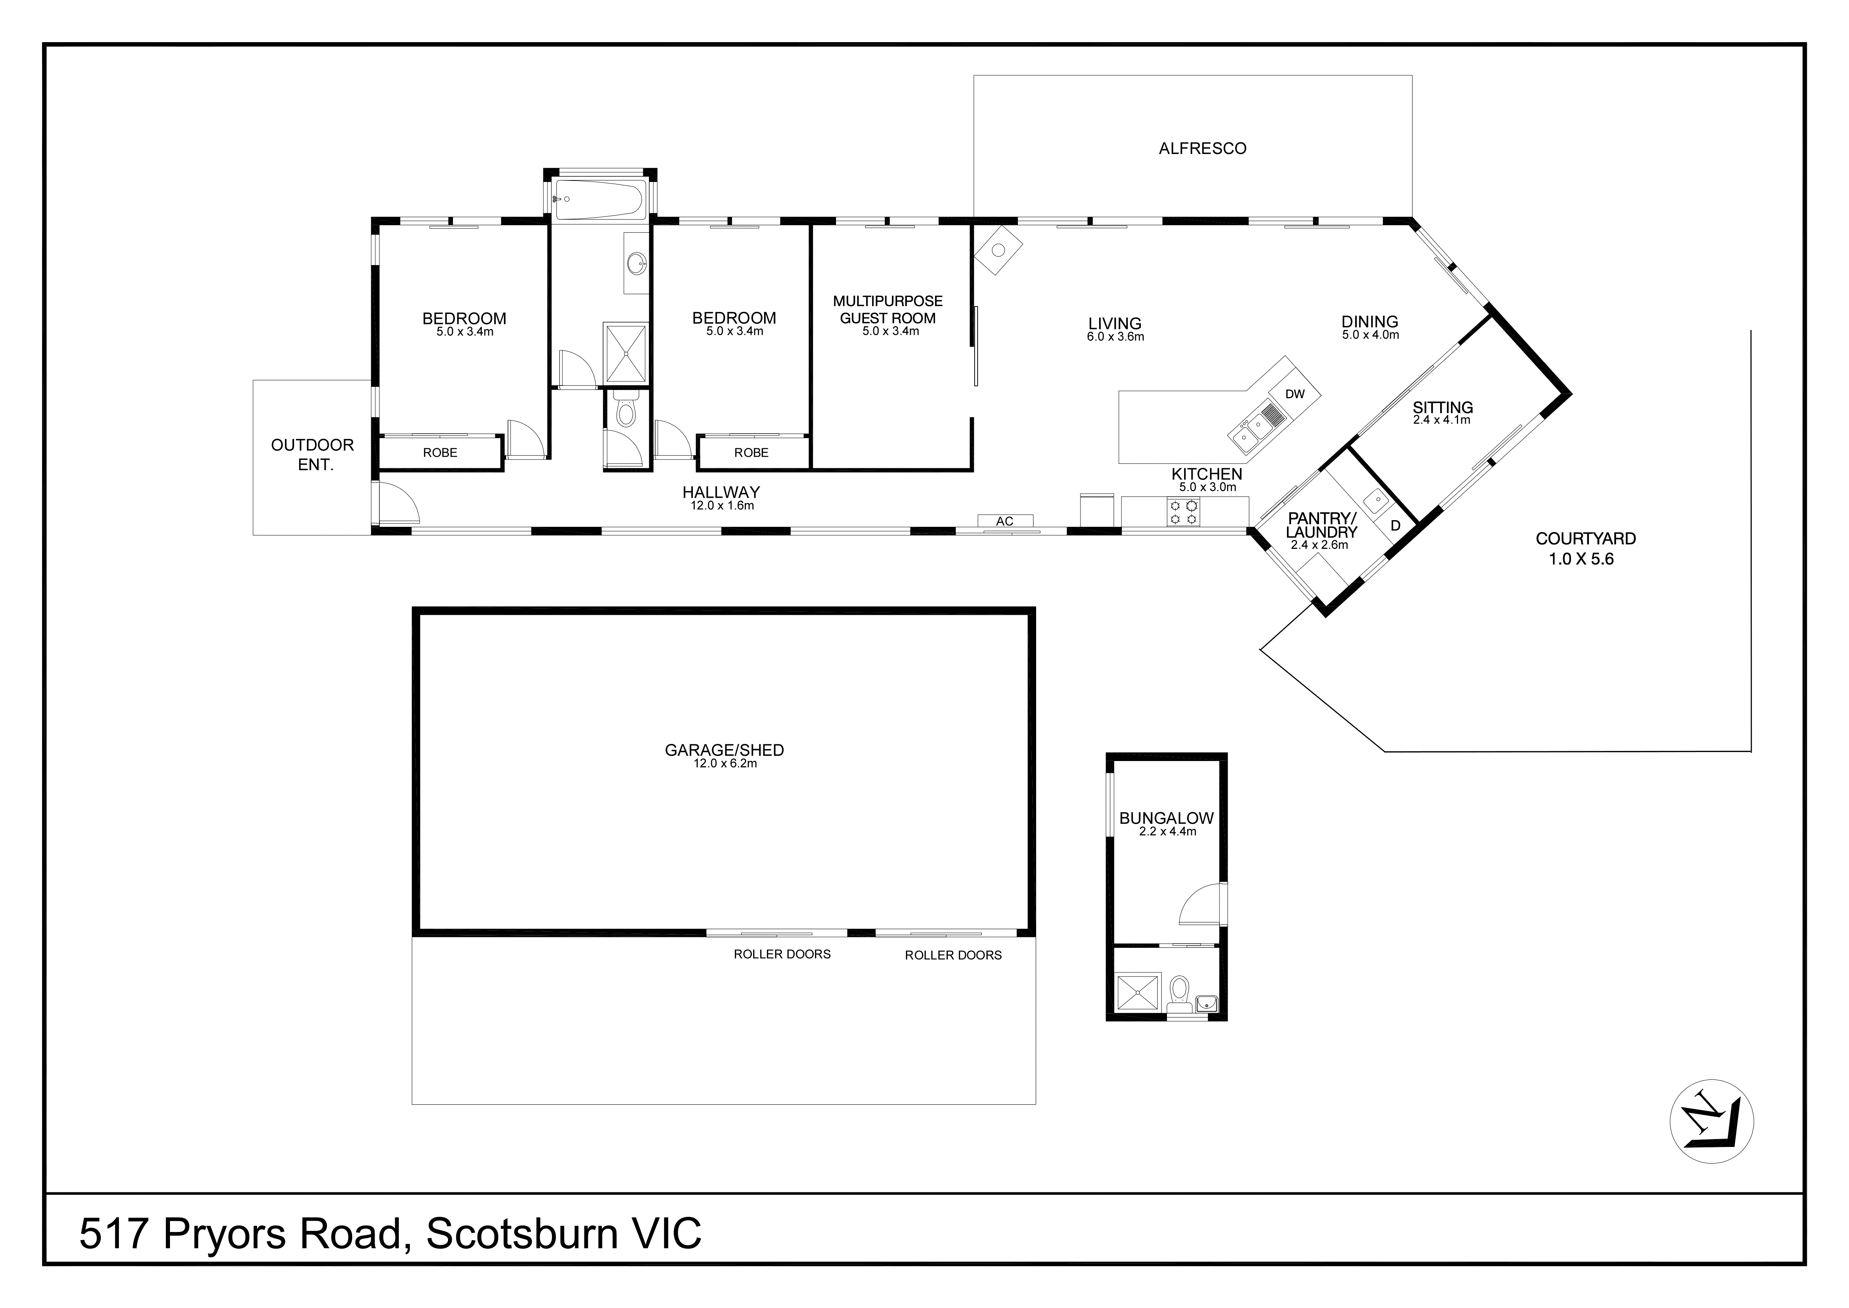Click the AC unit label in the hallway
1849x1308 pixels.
pos(1004,521)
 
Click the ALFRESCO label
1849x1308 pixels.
pos(1202,148)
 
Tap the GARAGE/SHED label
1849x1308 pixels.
pos(724,750)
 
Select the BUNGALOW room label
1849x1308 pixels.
pos(1166,818)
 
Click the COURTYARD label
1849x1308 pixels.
pos(1585,539)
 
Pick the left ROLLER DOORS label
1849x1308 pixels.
pos(781,954)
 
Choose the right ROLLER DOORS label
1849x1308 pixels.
pos(953,955)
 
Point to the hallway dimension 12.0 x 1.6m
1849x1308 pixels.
pos(722,506)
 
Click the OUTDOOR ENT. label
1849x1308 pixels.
pos(312,454)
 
